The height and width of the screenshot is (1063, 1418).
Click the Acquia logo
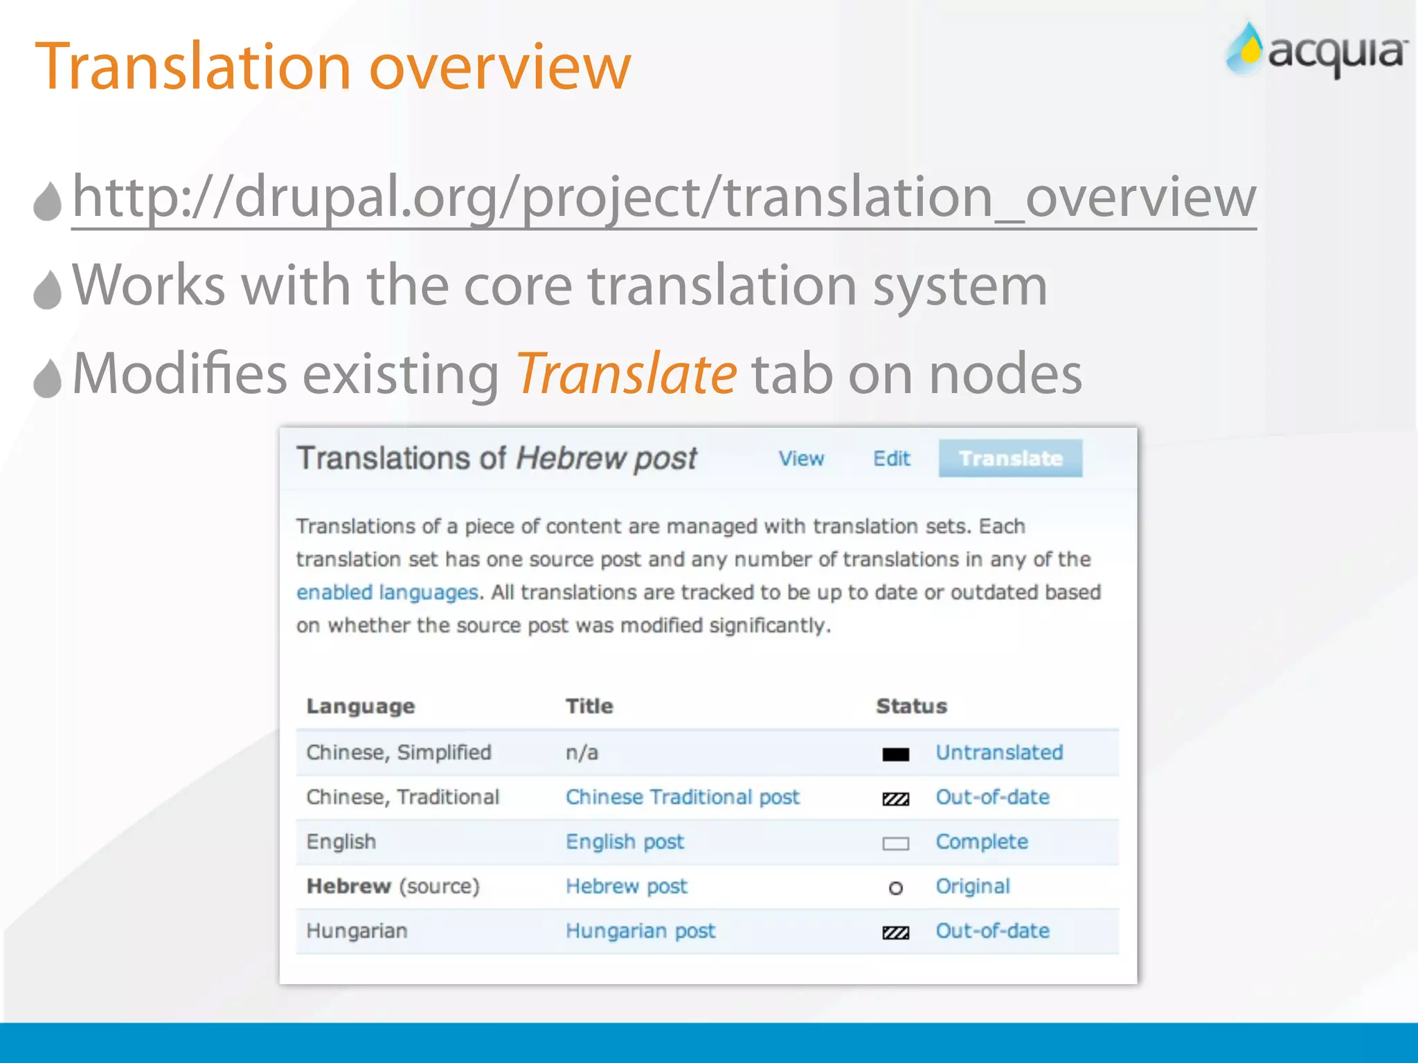pyautogui.click(x=1316, y=51)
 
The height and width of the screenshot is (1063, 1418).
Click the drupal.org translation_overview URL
pyautogui.click(x=663, y=197)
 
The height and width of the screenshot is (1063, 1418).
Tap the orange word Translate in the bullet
pyautogui.click(x=626, y=374)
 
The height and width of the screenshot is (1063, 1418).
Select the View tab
pyautogui.click(x=801, y=458)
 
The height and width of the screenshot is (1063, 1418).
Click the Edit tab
pyautogui.click(x=891, y=458)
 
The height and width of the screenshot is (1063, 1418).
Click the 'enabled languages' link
pyautogui.click(x=387, y=592)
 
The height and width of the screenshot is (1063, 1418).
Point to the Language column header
pyautogui.click(x=361, y=706)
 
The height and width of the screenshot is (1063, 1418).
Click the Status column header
pyautogui.click(x=911, y=706)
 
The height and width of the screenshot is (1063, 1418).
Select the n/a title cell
pyautogui.click(x=582, y=752)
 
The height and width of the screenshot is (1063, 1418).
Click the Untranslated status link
pyautogui.click(x=999, y=752)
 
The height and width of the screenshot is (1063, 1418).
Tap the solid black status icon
pyautogui.click(x=895, y=754)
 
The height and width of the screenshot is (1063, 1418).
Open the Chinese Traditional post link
pyautogui.click(x=682, y=797)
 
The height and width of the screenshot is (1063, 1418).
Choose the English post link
pyautogui.click(x=625, y=842)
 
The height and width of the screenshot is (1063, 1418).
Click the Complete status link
pyautogui.click(x=982, y=842)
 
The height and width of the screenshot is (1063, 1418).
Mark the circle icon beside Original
pyautogui.click(x=895, y=888)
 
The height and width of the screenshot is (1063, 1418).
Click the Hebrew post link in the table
pyautogui.click(x=627, y=887)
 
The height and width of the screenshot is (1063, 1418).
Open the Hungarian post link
pyautogui.click(x=640, y=931)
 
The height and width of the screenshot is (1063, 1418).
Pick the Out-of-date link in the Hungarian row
pyautogui.click(x=992, y=931)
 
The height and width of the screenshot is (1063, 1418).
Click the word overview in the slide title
pyautogui.click(x=500, y=67)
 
